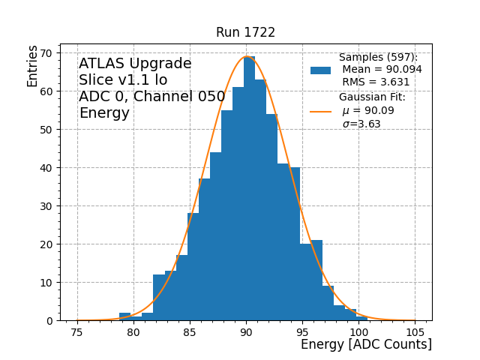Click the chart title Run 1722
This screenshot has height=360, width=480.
click(x=245, y=32)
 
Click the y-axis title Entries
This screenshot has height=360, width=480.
click(x=33, y=66)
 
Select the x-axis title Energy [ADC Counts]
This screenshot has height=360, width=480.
click(x=366, y=344)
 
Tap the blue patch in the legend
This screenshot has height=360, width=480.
click(x=320, y=70)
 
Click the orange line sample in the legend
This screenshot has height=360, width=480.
click(x=320, y=111)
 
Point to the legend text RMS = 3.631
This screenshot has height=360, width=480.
click(x=376, y=82)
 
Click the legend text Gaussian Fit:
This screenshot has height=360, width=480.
click(x=372, y=97)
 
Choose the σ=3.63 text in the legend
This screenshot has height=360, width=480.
click(x=361, y=124)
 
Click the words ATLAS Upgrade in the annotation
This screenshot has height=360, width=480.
click(x=135, y=64)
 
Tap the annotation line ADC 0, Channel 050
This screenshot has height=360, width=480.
click(x=151, y=97)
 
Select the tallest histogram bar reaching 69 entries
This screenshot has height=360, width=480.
click(x=249, y=187)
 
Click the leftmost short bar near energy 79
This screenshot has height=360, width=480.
click(x=124, y=316)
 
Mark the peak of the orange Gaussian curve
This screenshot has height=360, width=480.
click(x=246, y=57)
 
